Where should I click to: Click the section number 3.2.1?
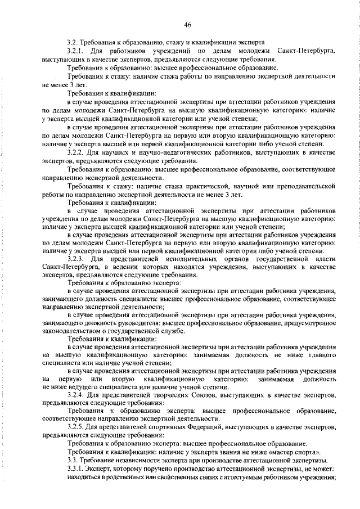click(76, 52)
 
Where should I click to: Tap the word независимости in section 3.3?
click(133, 460)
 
